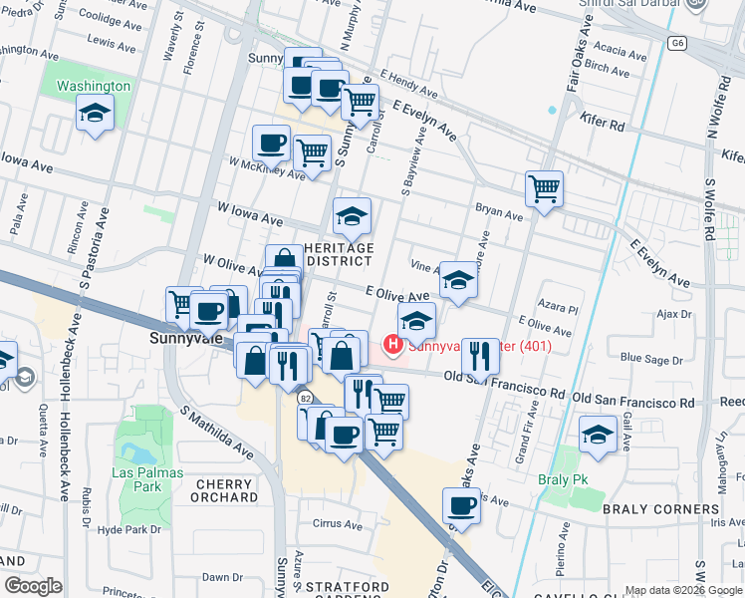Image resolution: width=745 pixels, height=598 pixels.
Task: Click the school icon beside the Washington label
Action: pos(95,113)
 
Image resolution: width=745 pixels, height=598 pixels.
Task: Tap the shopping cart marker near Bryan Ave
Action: pos(544,188)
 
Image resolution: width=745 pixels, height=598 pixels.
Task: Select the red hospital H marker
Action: pos(393,346)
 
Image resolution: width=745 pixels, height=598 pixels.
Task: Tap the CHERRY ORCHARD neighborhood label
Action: pos(220,490)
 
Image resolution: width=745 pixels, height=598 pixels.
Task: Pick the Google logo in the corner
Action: pos(33,586)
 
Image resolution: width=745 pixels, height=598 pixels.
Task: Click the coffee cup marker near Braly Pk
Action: pos(461,505)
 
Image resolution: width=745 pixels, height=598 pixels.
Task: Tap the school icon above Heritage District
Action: pos(351,214)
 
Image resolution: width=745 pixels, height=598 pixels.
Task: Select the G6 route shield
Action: pos(678,44)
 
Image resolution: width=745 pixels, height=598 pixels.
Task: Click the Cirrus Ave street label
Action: pos(337,523)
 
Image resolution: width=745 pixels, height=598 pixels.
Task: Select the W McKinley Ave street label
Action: pos(266,166)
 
